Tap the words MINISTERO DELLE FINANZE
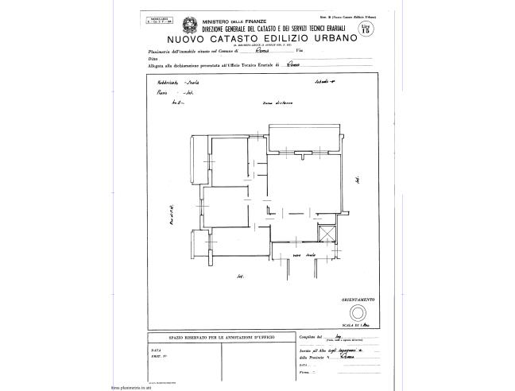pos(234,21)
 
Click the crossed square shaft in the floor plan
pos(326,234)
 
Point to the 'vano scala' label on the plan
pos(304,255)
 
